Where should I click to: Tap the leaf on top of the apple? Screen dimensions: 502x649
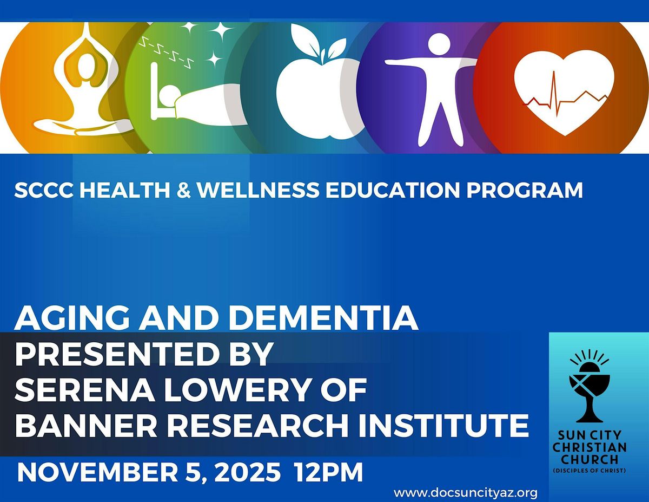pyautogui.click(x=306, y=38)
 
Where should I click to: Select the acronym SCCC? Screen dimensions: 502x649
pyautogui.click(x=41, y=190)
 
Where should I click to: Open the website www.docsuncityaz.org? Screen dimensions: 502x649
pyautogui.click(x=465, y=492)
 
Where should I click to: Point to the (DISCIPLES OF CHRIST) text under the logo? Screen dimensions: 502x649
pyautogui.click(x=590, y=470)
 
